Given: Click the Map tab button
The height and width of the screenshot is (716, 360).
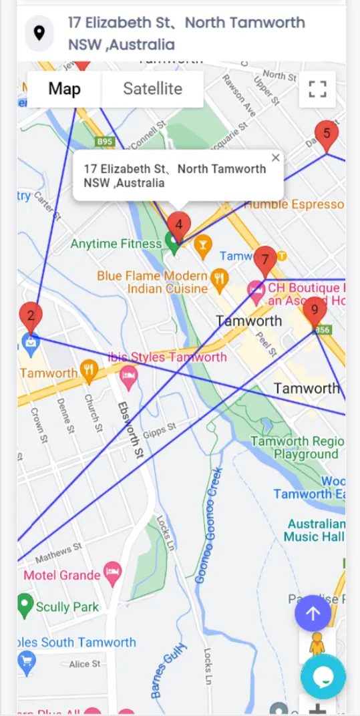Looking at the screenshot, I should click(64, 89).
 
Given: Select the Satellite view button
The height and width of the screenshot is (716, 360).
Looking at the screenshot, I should click(152, 89).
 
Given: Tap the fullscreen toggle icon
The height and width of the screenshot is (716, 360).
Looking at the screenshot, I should click(317, 89).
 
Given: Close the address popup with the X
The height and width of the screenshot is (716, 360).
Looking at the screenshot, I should click(276, 158).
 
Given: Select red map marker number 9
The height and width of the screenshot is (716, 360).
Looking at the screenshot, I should click(315, 311).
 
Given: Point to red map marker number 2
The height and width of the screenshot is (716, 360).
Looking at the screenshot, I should click(31, 316).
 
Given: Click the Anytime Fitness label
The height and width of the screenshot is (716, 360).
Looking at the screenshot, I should click(116, 244).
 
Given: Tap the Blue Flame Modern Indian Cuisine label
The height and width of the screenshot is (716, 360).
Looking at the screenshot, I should click(152, 283).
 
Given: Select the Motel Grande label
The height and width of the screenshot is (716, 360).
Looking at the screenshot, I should click(62, 575).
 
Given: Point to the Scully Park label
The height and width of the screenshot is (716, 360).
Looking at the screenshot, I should click(67, 607).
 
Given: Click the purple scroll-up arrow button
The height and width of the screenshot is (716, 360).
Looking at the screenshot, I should click(313, 613).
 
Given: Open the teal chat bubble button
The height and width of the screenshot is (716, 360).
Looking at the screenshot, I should click(323, 677).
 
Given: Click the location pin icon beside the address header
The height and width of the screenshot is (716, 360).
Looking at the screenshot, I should click(39, 33).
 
